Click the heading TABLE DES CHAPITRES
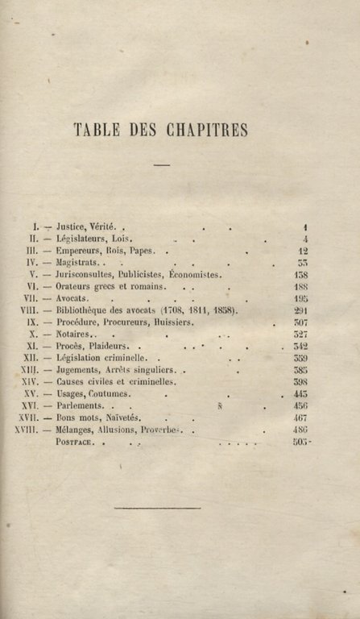point(160,130)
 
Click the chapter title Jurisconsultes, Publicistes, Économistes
point(138,274)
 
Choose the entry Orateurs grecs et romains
point(111,286)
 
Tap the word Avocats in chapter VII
point(72,297)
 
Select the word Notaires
point(74,334)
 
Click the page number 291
point(301,309)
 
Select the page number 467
point(300,418)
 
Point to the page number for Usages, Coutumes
point(300,395)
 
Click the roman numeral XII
point(31,357)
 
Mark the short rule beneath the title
point(162,165)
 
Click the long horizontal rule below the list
point(158,508)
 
